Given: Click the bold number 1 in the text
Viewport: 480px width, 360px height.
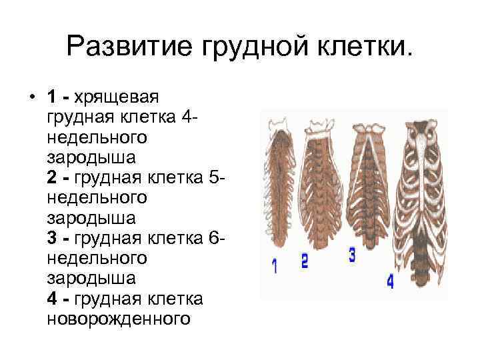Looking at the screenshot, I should click(51, 97).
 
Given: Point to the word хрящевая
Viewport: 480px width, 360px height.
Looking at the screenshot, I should click(116, 97).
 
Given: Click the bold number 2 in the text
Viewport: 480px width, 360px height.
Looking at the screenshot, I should click(52, 177).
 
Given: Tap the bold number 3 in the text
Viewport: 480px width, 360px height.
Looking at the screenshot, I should click(52, 238).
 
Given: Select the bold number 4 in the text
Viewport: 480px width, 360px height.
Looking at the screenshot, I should click(52, 299).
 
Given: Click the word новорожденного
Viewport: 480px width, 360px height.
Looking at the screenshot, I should click(115, 319).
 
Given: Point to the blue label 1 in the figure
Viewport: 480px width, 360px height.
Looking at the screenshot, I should click(275, 267).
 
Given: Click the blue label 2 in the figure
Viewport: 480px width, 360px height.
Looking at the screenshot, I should click(305, 261).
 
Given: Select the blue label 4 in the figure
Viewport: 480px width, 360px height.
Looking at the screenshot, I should click(390, 281).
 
